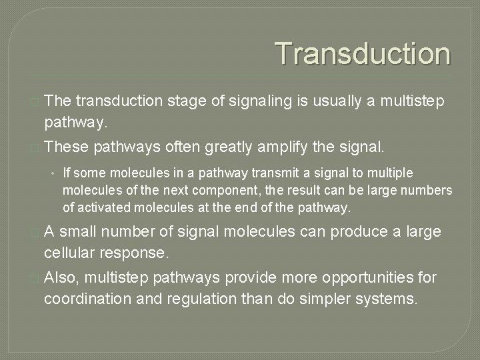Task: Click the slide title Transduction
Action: click(363, 54)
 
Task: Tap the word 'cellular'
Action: click(71, 253)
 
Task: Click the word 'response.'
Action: click(139, 253)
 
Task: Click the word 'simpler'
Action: click(328, 298)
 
